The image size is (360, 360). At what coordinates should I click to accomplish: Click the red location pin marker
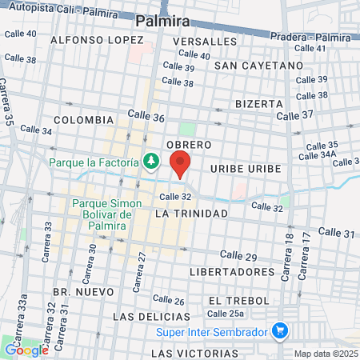180,162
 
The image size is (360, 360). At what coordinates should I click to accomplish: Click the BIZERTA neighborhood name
259,104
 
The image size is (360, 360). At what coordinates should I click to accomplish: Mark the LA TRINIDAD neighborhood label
191,214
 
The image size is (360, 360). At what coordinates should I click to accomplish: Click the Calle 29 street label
238,256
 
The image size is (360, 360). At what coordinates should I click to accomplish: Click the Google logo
26,350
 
